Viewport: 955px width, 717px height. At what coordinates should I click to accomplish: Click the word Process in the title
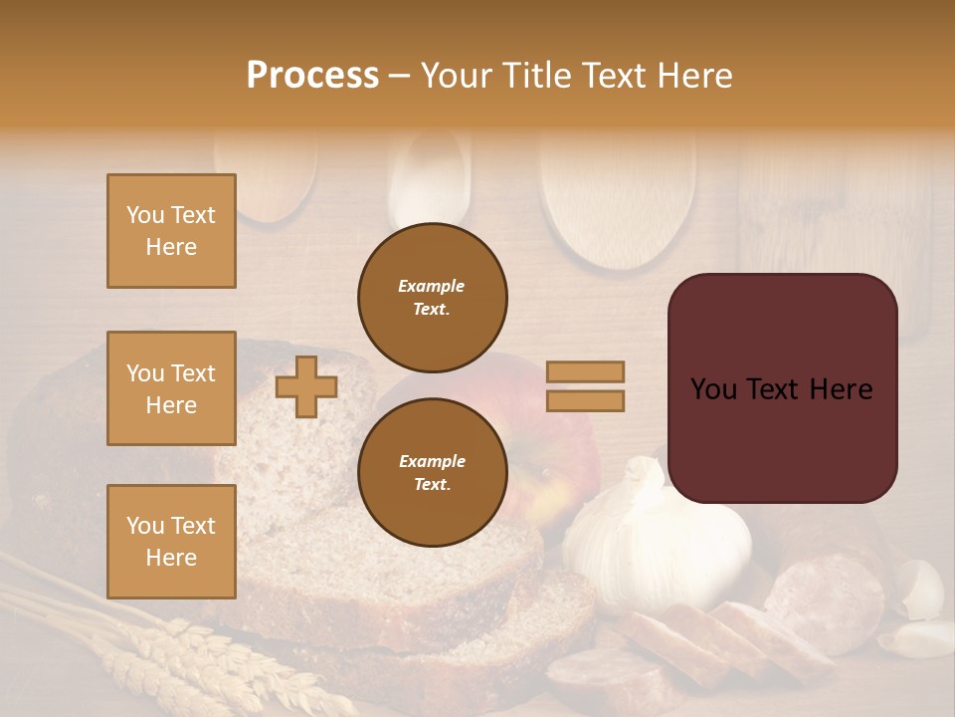[x=312, y=75]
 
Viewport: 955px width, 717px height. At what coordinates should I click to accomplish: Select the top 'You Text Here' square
[x=171, y=231]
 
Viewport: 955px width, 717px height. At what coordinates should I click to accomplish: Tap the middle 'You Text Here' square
[x=171, y=388]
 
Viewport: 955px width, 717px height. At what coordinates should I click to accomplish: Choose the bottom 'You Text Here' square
[x=171, y=541]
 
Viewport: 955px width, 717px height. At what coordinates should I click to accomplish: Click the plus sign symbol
[x=306, y=386]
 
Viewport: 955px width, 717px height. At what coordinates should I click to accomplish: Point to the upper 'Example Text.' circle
[x=432, y=298]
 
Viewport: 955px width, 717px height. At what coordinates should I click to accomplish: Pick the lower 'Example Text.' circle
[x=432, y=473]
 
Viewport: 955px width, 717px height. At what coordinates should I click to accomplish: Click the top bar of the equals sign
[x=586, y=371]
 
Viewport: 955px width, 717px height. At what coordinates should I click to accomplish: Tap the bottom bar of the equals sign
[x=586, y=401]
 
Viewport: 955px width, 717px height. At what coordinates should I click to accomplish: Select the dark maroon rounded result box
[x=782, y=388]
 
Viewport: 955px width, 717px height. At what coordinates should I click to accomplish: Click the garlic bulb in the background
[x=657, y=543]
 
